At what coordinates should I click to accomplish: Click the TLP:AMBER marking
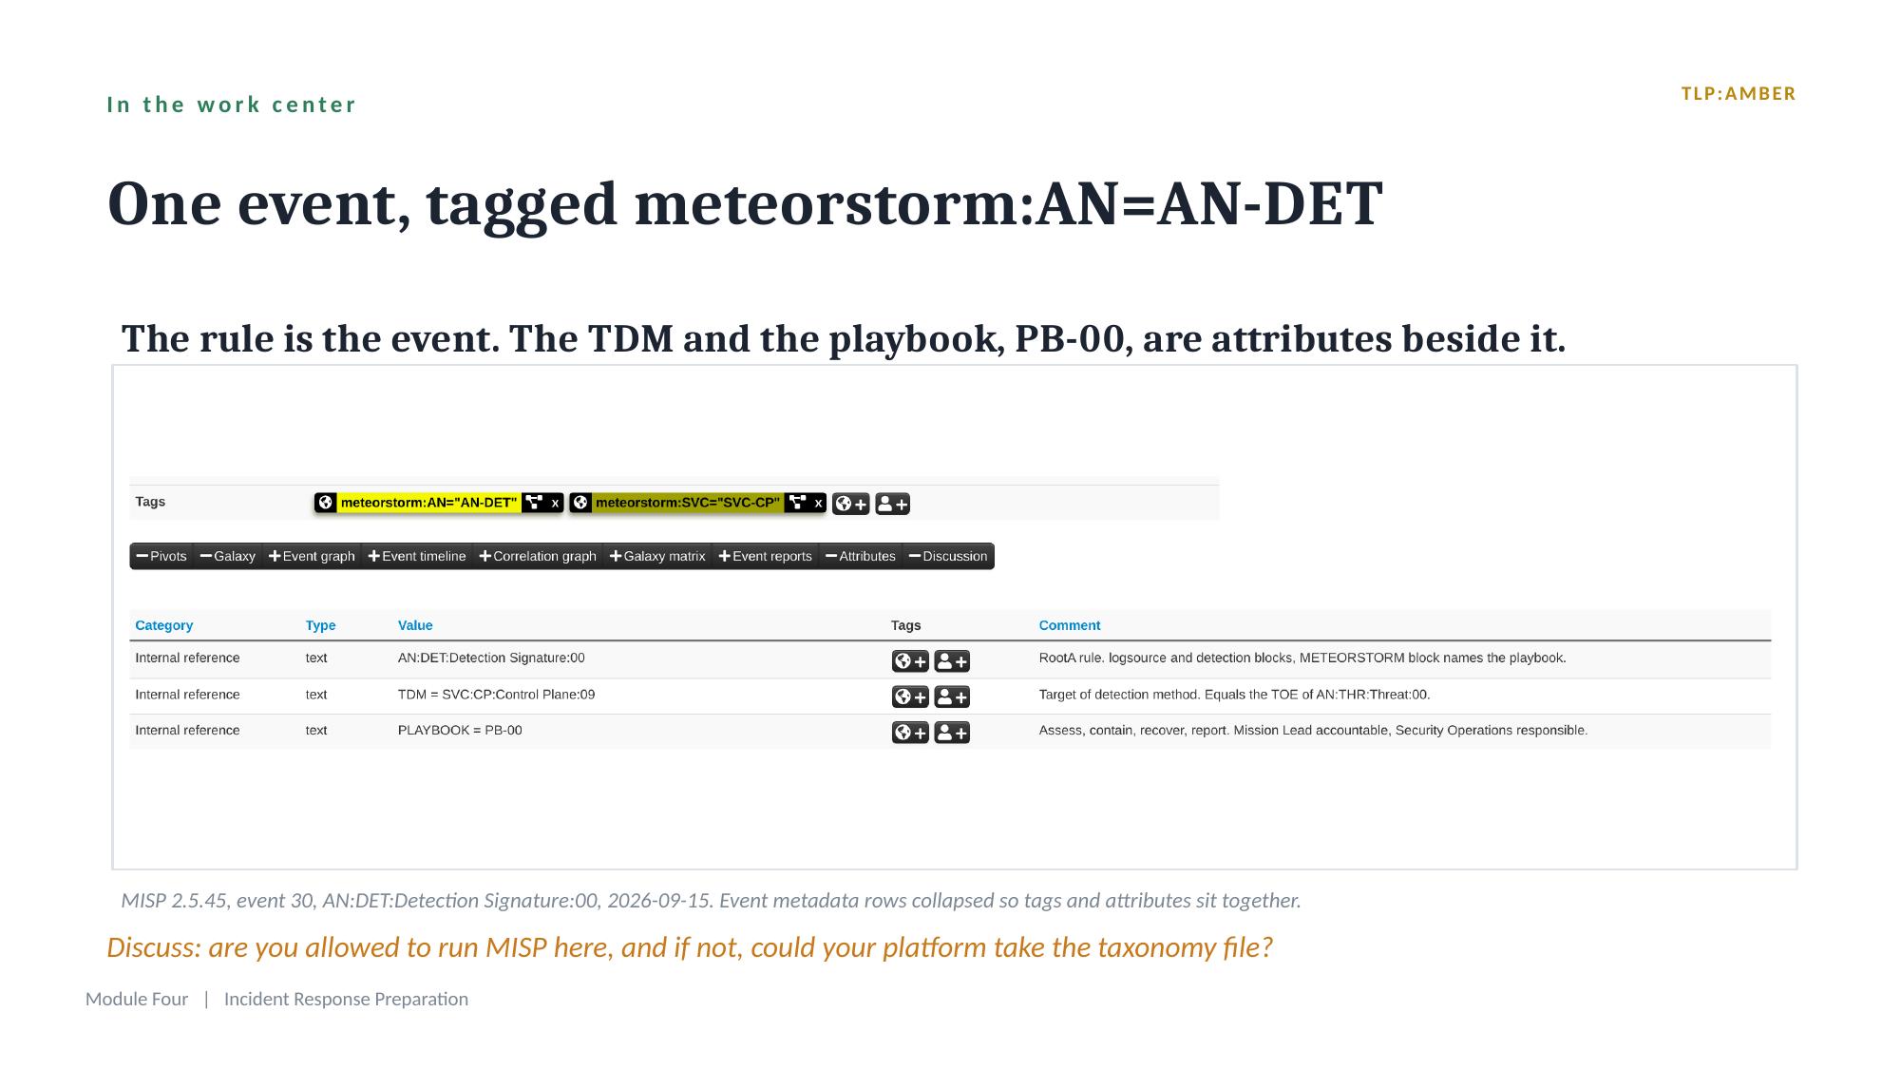1738,94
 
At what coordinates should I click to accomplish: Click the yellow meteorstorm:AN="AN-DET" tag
428,503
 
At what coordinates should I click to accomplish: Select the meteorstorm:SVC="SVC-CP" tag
687,503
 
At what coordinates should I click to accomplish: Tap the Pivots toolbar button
162,556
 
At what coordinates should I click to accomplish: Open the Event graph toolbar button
312,556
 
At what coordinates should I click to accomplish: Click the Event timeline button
417,556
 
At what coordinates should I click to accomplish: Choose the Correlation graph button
538,556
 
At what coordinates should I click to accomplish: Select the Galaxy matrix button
657,556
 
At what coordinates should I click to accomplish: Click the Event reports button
766,556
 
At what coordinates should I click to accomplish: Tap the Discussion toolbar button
948,556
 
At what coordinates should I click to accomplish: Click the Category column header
163,625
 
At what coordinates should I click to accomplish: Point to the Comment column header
1070,625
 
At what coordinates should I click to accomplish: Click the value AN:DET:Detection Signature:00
491,658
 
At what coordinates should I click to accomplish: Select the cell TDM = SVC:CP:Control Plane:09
496,695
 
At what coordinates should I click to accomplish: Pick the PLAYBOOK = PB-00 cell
460,731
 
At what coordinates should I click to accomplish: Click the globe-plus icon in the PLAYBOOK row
910,733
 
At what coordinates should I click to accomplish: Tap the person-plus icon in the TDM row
952,697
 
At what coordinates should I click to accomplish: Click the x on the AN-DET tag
555,503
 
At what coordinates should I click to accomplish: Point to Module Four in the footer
137,999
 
